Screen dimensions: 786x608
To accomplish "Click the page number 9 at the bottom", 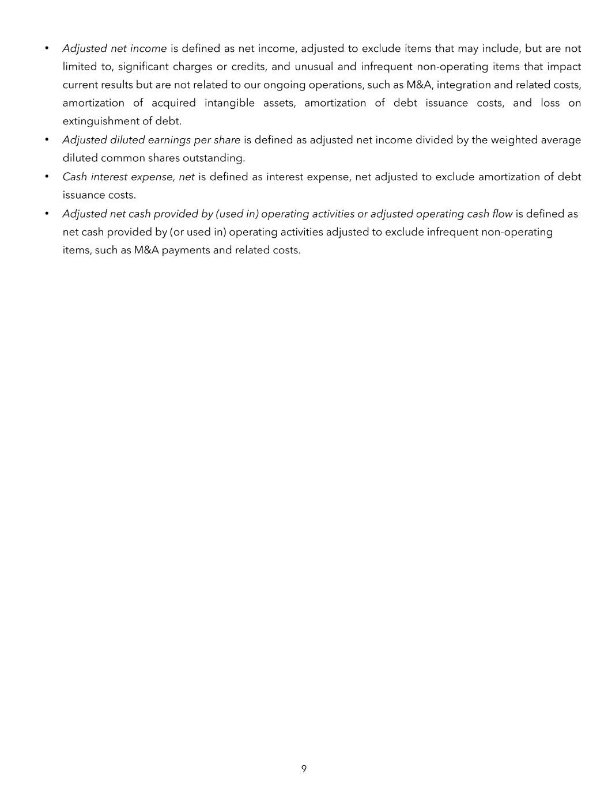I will tap(304, 769).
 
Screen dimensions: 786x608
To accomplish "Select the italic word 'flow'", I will tap(501, 214).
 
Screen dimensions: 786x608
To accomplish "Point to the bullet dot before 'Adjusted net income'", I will tap(47, 48).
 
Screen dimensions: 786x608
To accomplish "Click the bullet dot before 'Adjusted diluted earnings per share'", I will tap(47, 140).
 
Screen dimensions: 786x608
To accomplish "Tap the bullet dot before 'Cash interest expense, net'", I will tap(47, 177).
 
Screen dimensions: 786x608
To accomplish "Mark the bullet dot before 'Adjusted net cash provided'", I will tap(47, 214).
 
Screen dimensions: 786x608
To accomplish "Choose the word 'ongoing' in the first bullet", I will tap(284, 85).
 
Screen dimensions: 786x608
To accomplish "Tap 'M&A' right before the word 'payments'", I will tap(146, 250).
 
